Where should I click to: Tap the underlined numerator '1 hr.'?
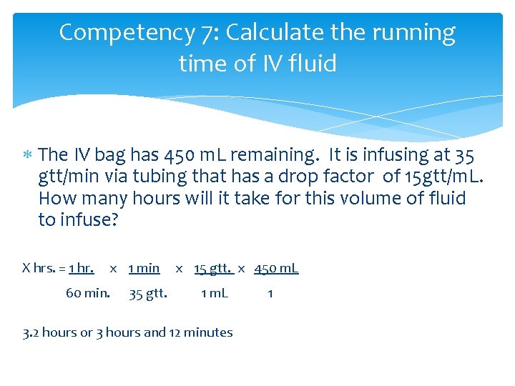[81, 269]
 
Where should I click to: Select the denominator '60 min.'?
[87, 293]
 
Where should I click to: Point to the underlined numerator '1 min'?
[144, 269]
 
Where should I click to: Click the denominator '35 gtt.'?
[148, 293]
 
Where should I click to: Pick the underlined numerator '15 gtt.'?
[213, 269]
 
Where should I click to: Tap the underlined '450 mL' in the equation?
[276, 269]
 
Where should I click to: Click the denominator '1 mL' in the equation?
[215, 293]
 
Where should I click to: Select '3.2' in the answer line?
[32, 332]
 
